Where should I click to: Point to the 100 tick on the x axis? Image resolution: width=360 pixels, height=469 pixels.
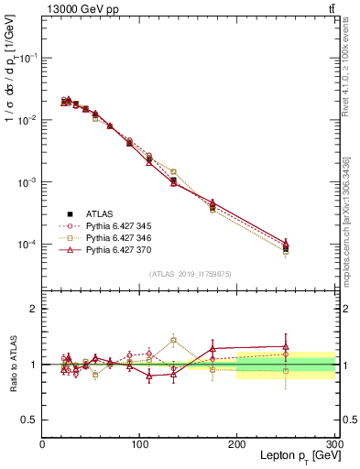(x=139, y=443)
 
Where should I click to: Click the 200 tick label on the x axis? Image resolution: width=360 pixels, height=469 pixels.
(x=236, y=443)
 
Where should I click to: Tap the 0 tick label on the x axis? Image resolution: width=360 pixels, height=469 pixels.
(x=42, y=443)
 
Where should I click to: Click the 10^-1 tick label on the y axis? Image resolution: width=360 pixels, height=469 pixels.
(x=27, y=58)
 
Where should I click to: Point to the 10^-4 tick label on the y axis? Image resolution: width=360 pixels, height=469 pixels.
(x=27, y=245)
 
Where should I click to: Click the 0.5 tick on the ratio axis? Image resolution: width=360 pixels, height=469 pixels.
(x=29, y=420)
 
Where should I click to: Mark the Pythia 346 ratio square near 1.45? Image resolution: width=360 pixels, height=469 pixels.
(x=173, y=340)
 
